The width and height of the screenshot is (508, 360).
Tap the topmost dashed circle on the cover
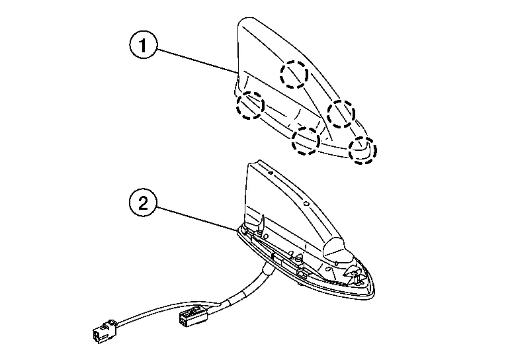293,74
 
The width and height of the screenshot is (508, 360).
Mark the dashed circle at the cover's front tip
362,150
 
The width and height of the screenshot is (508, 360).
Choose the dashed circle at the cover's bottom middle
307,140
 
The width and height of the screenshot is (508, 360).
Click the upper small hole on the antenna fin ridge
271,173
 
